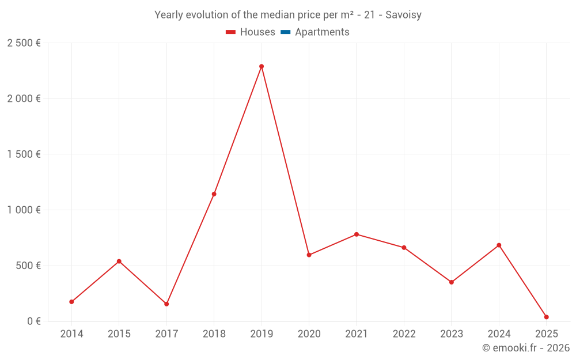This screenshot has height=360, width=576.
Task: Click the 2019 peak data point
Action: pyautogui.click(x=262, y=66)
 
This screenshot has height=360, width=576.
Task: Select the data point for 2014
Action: pyautogui.click(x=71, y=302)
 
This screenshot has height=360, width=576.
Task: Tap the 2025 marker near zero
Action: pyautogui.click(x=547, y=317)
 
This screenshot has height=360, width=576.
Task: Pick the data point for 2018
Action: pyautogui.click(x=214, y=194)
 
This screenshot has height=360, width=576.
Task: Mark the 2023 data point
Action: pyautogui.click(x=452, y=282)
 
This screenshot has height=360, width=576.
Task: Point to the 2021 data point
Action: pyautogui.click(x=357, y=234)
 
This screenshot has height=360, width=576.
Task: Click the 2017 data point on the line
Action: pyautogui.click(x=166, y=304)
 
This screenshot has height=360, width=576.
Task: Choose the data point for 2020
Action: pyautogui.click(x=309, y=255)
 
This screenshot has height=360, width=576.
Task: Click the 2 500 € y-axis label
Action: pyautogui.click(x=24, y=43)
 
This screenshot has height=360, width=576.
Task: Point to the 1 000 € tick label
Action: pyautogui.click(x=24, y=210)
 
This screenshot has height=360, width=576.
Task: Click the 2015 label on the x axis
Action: pyautogui.click(x=119, y=334)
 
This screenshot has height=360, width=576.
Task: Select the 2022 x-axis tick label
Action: pyautogui.click(x=404, y=334)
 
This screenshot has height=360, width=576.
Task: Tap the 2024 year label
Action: pyautogui.click(x=499, y=334)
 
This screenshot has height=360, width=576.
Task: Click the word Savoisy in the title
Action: pyautogui.click(x=403, y=15)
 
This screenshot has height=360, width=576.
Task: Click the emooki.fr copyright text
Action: pyautogui.click(x=525, y=348)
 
